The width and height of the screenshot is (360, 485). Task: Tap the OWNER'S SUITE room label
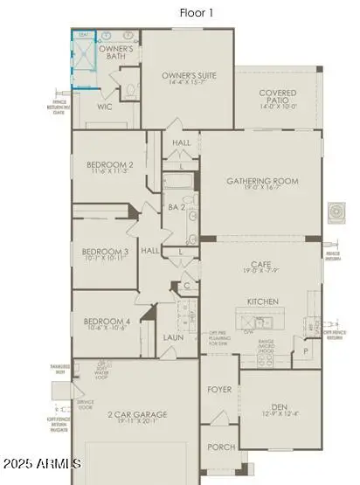pyautogui.click(x=188, y=76)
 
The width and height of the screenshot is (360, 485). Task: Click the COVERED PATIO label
pyautogui.click(x=278, y=96)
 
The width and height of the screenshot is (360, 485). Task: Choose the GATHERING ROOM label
pyautogui.click(x=262, y=182)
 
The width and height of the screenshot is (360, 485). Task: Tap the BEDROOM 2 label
pyautogui.click(x=110, y=165)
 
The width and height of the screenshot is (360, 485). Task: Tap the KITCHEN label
pyautogui.click(x=262, y=301)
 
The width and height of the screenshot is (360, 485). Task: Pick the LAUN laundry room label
pyautogui.click(x=173, y=336)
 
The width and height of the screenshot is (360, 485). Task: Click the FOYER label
pyautogui.click(x=218, y=390)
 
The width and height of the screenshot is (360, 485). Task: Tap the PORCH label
pyautogui.click(x=220, y=447)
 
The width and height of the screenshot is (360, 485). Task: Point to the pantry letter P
pyautogui.click(x=305, y=350)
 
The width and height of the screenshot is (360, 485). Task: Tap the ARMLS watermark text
pyautogui.click(x=42, y=462)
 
